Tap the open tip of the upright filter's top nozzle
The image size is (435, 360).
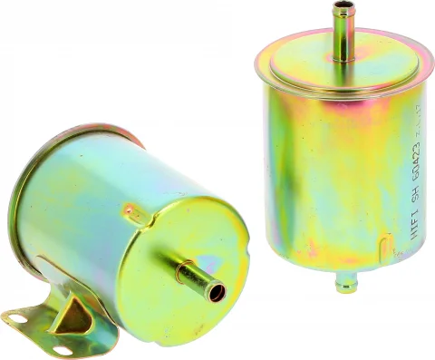pos(343,7)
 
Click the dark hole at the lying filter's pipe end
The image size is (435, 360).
pos(216,293)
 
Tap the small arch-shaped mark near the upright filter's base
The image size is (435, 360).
pos(387,243)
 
